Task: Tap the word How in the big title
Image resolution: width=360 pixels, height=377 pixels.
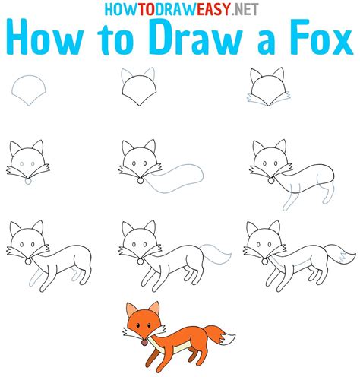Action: pos(45,37)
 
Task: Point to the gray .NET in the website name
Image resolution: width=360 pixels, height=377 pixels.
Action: pos(245,10)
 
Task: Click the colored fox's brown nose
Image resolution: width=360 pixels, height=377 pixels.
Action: pos(144,343)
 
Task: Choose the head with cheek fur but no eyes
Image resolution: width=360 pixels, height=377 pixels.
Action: pos(269,87)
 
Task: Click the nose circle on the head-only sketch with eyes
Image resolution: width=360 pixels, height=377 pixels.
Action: pos(28,181)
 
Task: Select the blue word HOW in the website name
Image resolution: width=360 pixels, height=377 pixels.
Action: pos(115,9)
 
